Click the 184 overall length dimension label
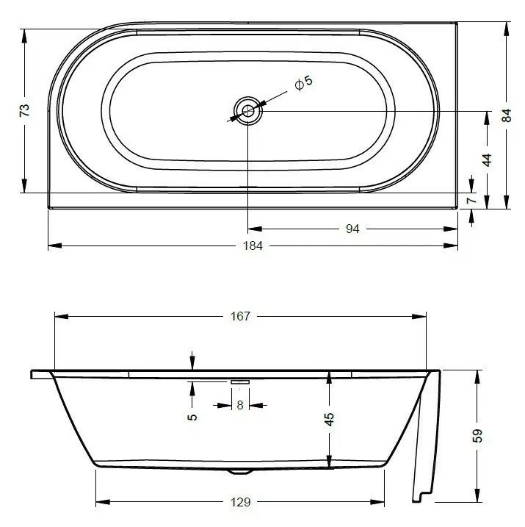tap(253, 245)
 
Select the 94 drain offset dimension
tap(352, 229)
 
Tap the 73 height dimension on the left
tap(25, 110)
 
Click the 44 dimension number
tap(487, 160)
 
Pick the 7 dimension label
tap(471, 201)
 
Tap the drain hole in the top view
tap(248, 110)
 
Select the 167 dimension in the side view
tap(240, 316)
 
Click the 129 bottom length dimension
tap(240, 502)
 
